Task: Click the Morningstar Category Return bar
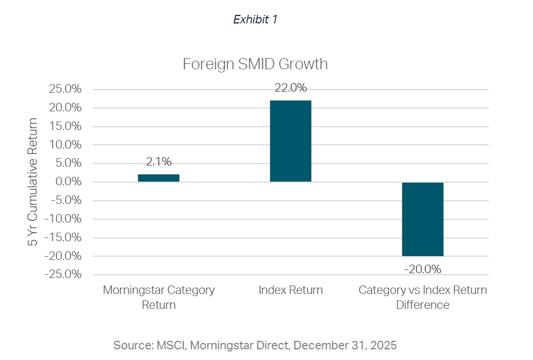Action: point(159,178)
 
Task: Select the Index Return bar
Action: point(290,141)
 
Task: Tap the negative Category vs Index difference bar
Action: point(423,219)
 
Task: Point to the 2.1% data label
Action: point(159,162)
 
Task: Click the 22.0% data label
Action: point(290,88)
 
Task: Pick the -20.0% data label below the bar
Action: point(423,269)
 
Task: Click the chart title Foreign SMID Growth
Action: point(255,64)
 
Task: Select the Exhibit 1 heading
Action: point(255,20)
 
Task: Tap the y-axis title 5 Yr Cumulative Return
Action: point(33,182)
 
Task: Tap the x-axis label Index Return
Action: point(290,290)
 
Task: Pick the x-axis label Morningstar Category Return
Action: point(159,297)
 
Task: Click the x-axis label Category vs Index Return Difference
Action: point(423,297)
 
